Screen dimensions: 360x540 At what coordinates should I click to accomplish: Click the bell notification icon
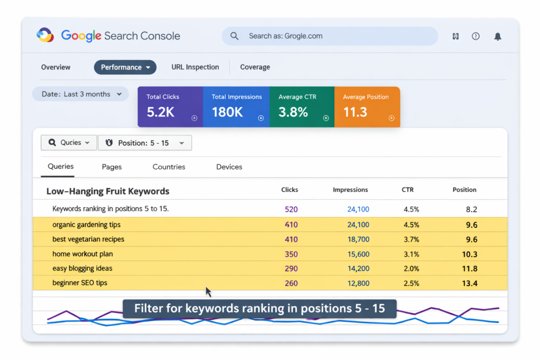click(497, 36)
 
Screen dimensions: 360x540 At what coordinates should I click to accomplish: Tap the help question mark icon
click(476, 36)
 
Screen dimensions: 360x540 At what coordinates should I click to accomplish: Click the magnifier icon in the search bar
click(235, 36)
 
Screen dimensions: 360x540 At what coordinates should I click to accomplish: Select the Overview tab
click(56, 67)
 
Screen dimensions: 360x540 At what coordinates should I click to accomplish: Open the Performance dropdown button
click(125, 67)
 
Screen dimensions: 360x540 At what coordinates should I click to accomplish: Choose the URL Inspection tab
click(195, 67)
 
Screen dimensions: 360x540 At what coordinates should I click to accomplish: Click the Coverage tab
click(255, 67)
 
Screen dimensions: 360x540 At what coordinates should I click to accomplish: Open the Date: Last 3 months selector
click(81, 94)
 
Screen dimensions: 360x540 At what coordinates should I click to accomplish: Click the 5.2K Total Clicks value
click(160, 112)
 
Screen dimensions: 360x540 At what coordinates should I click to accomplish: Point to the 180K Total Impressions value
click(227, 112)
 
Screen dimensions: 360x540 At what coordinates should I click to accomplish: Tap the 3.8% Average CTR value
click(293, 112)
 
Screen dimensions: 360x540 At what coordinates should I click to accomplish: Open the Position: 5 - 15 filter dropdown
click(144, 143)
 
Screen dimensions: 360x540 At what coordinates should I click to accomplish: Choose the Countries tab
click(169, 167)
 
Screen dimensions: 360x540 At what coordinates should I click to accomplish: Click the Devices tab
click(229, 167)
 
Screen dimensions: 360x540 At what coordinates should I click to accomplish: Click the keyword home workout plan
click(82, 254)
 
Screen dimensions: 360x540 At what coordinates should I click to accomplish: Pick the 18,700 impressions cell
click(358, 239)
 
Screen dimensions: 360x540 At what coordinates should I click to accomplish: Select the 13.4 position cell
click(469, 283)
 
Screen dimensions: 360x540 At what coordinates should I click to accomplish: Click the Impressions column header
click(350, 190)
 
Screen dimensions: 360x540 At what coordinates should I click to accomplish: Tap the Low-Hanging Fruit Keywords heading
click(108, 191)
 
